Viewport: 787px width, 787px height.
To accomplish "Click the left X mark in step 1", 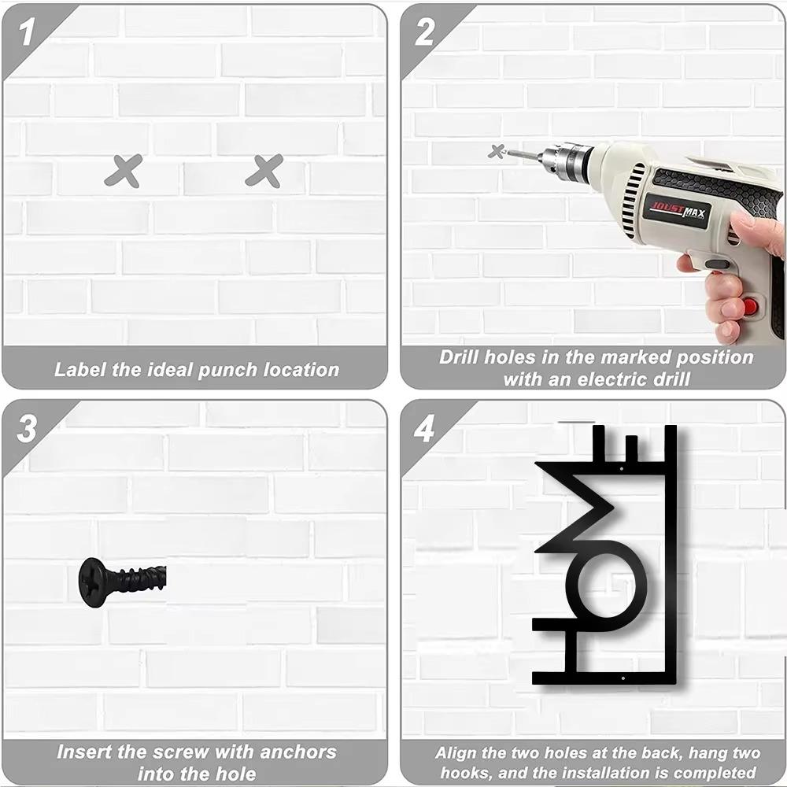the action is click(124, 171).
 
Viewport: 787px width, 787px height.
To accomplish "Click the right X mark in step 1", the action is click(264, 171).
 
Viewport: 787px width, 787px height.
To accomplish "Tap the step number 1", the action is click(26, 32).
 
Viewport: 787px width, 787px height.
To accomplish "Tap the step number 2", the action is click(425, 32).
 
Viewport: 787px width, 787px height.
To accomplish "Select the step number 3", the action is click(27, 429).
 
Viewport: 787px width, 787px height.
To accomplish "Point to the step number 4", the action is click(424, 429).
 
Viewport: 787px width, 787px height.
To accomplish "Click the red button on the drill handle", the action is click(750, 305).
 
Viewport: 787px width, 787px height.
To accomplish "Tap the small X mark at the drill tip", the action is click(497, 151).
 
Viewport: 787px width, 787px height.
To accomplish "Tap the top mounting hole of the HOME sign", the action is click(622, 469).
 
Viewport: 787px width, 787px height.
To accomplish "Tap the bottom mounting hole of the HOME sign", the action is click(623, 678).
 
